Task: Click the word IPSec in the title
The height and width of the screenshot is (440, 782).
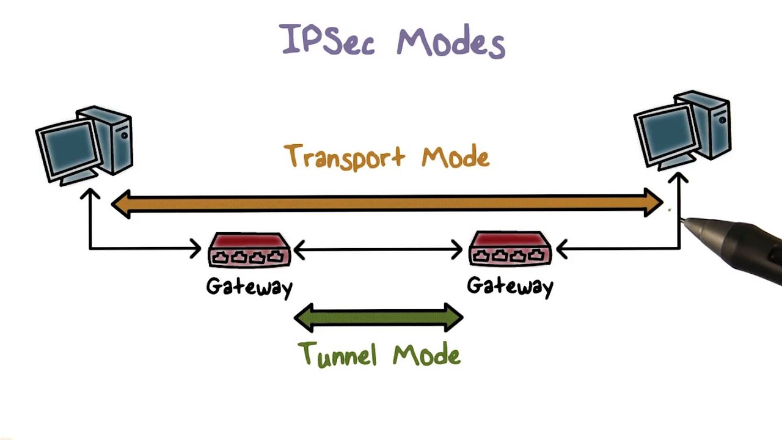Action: point(327,40)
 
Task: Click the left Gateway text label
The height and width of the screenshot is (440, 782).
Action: point(249,287)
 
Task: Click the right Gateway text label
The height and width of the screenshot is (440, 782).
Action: point(510,286)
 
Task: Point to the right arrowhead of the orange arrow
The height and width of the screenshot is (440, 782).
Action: point(654,202)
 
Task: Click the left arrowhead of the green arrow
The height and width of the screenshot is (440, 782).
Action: point(304,317)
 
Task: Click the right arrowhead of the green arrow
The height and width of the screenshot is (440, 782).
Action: point(453,317)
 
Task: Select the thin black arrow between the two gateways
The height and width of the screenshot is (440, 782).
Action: point(379,249)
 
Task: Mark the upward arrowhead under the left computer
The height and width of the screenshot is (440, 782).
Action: point(90,194)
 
